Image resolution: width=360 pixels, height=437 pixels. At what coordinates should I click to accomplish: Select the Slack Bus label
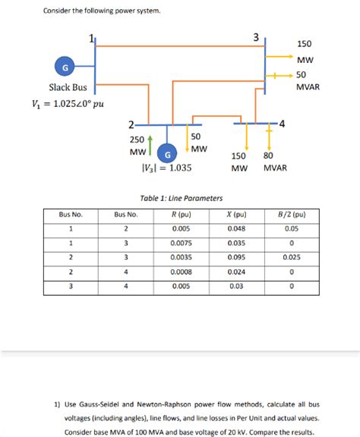(68, 88)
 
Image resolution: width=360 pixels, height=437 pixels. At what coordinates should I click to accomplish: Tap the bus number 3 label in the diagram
(256, 36)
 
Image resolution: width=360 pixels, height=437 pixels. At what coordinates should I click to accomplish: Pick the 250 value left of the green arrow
(137, 139)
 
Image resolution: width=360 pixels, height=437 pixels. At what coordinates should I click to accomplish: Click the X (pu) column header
(236, 214)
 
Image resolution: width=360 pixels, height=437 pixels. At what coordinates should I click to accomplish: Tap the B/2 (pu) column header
(292, 214)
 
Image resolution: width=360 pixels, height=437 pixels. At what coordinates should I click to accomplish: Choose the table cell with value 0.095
(236, 257)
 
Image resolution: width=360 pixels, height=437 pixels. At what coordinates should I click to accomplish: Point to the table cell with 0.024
(236, 272)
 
